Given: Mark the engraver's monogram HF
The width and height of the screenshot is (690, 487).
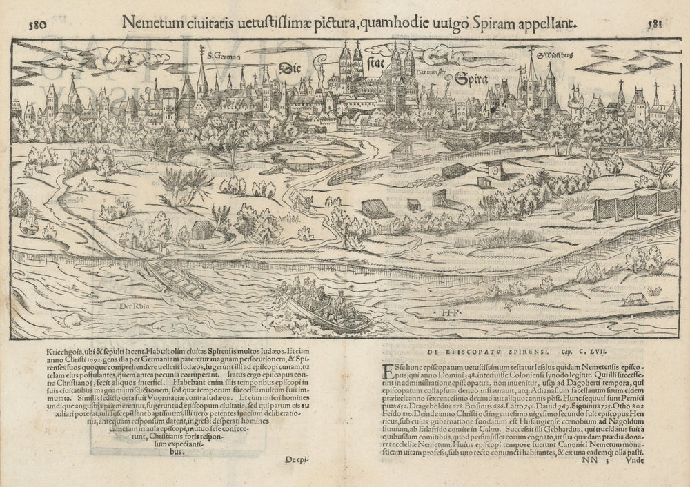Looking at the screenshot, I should [448, 314].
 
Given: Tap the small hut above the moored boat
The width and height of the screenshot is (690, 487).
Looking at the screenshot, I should [201, 230].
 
